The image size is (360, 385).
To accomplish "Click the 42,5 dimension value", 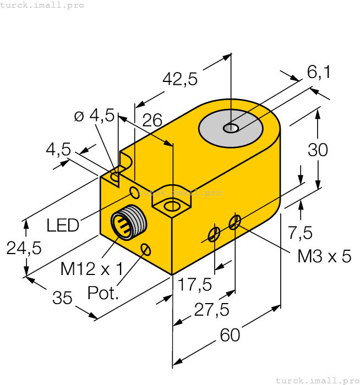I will click(179, 80).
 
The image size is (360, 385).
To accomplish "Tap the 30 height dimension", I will click(318, 150).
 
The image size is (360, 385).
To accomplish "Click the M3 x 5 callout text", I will click(324, 256).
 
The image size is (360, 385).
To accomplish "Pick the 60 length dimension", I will click(230, 334).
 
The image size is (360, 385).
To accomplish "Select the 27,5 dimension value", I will click(212, 310).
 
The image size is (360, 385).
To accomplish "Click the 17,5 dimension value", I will click(195, 284).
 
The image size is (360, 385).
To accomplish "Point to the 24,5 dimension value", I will click(24, 248).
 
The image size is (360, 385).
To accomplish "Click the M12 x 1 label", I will click(91, 269).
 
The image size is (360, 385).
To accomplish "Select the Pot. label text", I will click(103, 293).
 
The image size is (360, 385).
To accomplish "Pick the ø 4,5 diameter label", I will click(94, 115).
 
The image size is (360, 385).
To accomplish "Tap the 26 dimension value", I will click(152, 121).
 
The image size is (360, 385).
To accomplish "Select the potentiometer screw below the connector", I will click(146, 249).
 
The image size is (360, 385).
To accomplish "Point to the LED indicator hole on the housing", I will click(134, 192).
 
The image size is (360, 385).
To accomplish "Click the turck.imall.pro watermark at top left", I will click(42, 5).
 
